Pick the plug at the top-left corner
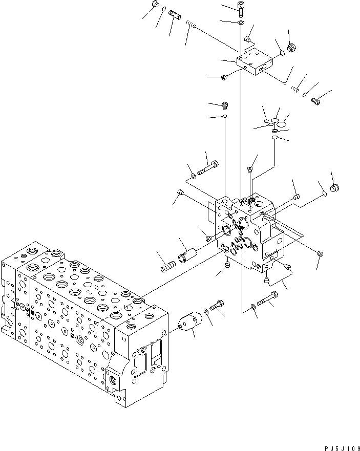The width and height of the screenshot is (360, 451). pos(156,5)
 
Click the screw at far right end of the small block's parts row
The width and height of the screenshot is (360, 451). pos(316,101)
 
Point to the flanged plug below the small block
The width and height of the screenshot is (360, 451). pos(224,106)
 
